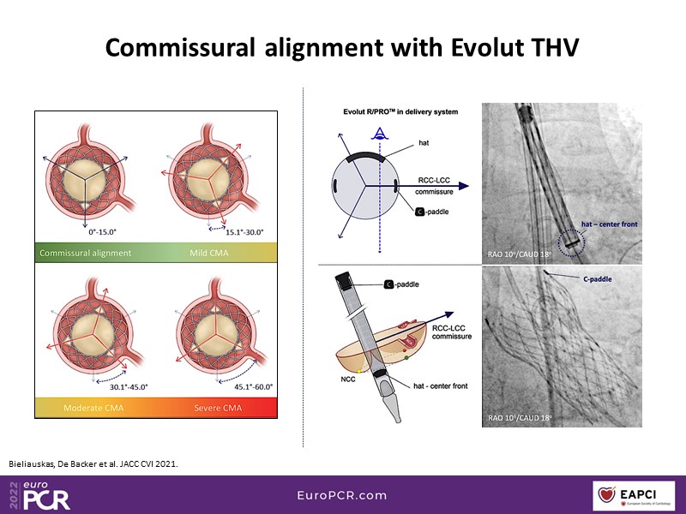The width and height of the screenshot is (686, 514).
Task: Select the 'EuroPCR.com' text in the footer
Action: click(x=342, y=495)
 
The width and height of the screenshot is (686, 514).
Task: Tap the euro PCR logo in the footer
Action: click(x=43, y=495)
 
